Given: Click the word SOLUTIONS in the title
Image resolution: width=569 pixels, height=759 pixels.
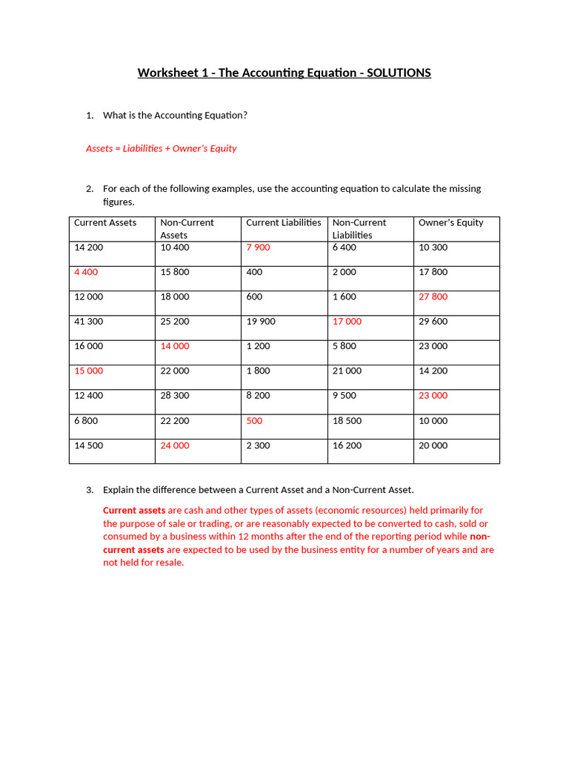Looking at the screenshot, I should point(395,73).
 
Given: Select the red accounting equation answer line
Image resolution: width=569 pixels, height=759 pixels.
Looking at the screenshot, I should point(162,148).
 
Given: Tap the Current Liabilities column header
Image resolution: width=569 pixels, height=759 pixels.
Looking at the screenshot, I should point(284,222).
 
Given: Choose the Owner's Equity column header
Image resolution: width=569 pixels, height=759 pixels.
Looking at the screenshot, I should point(450,222).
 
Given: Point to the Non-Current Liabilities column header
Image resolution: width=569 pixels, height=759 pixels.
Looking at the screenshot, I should point(359,228).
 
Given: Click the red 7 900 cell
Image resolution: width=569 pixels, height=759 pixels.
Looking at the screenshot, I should point(258,248).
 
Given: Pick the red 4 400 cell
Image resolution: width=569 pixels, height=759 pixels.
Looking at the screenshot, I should point(86,272).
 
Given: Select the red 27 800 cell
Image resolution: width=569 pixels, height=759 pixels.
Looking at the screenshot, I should point(433,296).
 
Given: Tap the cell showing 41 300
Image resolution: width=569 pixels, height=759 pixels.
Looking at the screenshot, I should point(89,322).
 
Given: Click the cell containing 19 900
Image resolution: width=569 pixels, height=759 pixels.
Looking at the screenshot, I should point(261,322).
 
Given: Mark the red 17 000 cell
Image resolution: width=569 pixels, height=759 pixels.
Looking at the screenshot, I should point(347,322).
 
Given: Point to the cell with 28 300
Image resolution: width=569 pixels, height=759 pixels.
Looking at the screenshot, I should point(175,396).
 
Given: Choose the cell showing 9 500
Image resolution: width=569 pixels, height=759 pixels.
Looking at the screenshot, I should point(345,396).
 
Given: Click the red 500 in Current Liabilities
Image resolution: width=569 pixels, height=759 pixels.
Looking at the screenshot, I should point(254,421).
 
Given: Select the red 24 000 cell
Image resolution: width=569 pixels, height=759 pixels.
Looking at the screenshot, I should point(175,445).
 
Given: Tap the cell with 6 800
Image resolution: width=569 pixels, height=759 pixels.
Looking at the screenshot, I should point(86,421).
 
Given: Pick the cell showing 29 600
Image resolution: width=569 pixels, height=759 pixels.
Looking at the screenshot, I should point(433,322).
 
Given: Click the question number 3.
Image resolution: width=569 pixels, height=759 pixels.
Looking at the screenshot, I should point(90,490).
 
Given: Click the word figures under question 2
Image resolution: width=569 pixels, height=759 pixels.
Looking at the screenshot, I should point(118,202).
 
